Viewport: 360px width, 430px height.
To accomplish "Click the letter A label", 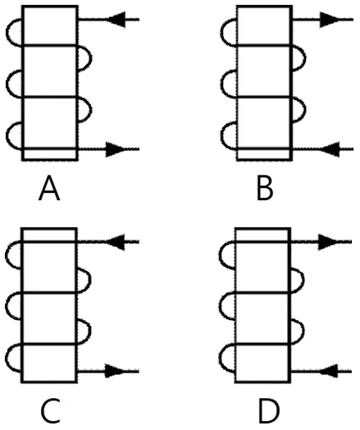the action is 49,189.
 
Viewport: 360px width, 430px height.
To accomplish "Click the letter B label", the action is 265,189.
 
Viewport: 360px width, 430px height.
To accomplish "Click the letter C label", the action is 50,411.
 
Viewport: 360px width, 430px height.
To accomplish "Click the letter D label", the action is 269,411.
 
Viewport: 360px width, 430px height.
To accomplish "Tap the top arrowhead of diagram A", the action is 116,20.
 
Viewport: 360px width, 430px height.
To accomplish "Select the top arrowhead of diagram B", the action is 330,20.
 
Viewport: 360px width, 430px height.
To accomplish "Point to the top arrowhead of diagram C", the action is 116,242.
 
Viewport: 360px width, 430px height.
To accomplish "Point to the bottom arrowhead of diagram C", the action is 116,371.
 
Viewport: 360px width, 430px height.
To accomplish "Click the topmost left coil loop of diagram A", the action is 7,32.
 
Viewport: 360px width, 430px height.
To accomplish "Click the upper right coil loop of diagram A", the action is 92,58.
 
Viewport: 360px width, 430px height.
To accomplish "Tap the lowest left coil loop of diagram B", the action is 221,136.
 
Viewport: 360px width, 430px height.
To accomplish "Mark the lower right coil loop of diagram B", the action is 306,110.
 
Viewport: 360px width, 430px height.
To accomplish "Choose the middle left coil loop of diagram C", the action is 6,306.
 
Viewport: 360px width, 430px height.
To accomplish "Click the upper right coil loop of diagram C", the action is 90,281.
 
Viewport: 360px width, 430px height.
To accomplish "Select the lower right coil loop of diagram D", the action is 303,331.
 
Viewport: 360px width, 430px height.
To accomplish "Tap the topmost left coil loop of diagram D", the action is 220,255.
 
